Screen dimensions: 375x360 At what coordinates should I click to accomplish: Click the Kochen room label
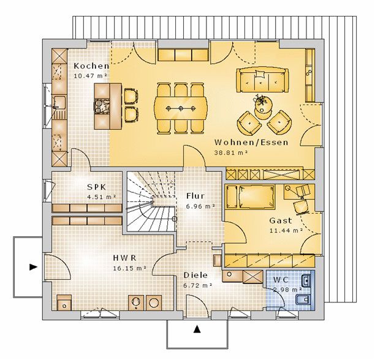(x=91, y=66)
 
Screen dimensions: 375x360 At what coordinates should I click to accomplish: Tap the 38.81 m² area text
(x=230, y=153)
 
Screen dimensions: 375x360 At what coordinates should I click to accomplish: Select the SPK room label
(x=97, y=187)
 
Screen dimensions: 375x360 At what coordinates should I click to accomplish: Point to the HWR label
(x=124, y=258)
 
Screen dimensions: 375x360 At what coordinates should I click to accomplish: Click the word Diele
(x=195, y=275)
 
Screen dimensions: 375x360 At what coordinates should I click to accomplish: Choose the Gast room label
(x=281, y=220)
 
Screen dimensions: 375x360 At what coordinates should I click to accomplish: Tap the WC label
(x=281, y=280)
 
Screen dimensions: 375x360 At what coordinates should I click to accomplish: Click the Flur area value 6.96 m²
(x=200, y=206)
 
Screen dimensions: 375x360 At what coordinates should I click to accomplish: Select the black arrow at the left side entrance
(x=33, y=267)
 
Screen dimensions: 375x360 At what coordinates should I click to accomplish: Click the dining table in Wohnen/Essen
(x=181, y=109)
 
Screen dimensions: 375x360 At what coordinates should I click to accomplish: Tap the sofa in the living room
(x=262, y=80)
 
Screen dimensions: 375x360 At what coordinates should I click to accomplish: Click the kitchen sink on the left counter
(x=59, y=102)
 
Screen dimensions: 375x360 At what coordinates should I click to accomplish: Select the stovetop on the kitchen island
(x=102, y=106)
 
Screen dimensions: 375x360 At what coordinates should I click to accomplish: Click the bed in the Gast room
(x=250, y=197)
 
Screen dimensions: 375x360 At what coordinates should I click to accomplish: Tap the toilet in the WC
(x=303, y=299)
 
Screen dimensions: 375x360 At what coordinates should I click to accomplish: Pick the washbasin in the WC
(x=306, y=281)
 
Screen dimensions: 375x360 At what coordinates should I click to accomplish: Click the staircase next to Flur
(x=151, y=201)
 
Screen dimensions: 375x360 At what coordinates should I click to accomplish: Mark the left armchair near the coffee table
(x=249, y=122)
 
